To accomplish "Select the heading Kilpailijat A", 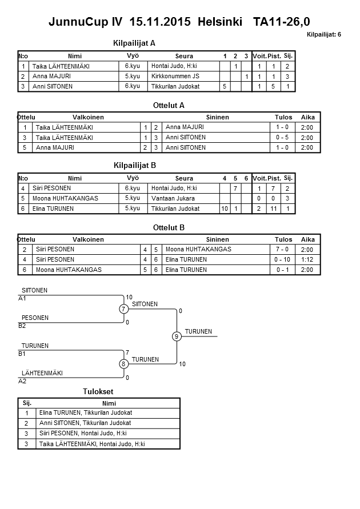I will point(135,43).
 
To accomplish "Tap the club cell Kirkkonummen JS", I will point(175,76).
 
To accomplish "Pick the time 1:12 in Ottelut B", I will point(307,259).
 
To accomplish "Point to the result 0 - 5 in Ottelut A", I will point(281,138).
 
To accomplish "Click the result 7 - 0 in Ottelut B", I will point(281,250).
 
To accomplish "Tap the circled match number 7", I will point(124,309).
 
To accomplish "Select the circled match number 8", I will point(124,364).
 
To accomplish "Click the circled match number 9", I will point(177,336).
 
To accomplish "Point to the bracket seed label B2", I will point(22,326).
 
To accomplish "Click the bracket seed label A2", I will point(22,380).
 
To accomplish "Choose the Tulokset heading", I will point(98,391).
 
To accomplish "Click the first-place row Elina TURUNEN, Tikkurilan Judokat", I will point(85,412).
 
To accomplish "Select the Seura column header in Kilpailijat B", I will point(184,178).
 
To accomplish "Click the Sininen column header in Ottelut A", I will point(217,117).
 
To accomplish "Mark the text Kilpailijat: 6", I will point(323,35).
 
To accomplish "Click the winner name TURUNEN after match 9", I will point(198,332).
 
